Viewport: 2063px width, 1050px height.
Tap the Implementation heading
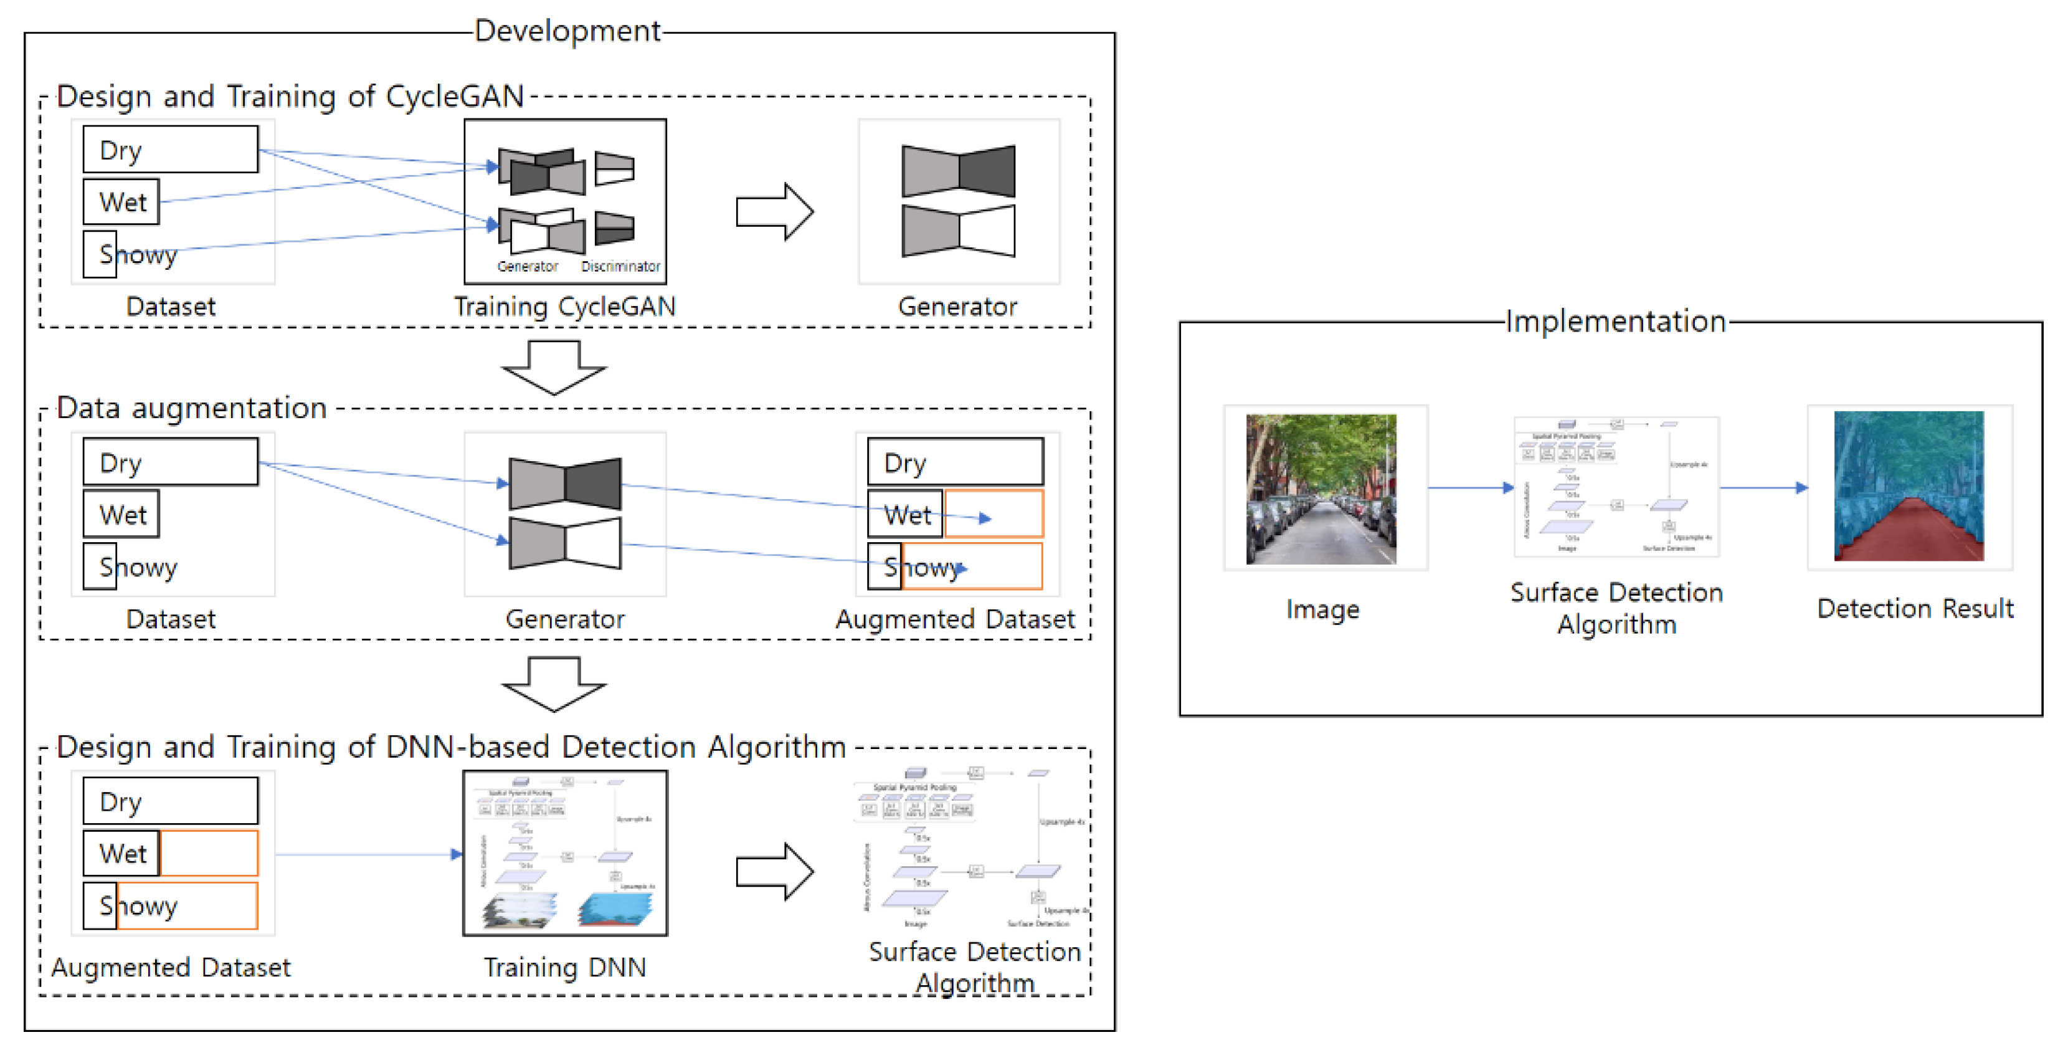(x=1615, y=321)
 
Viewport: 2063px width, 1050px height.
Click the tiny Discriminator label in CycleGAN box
(x=620, y=266)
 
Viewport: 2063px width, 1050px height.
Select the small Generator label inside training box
(x=527, y=266)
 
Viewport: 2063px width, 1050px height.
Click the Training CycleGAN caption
(x=564, y=306)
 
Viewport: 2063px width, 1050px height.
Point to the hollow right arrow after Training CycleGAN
(x=774, y=211)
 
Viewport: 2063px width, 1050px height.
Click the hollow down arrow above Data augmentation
(x=553, y=368)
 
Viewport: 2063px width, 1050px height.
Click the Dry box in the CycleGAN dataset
(x=171, y=150)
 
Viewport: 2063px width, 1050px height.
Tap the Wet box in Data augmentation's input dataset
(x=121, y=514)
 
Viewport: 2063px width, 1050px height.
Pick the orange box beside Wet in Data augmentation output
(x=994, y=513)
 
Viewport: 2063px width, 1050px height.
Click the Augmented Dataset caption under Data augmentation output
(x=955, y=619)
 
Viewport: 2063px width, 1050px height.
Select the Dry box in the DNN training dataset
(x=171, y=801)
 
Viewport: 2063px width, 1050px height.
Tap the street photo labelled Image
(x=1321, y=489)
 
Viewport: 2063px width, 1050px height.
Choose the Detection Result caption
(x=1915, y=609)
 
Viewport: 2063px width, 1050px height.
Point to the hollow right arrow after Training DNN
(x=774, y=871)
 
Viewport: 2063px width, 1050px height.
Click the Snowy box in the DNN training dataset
(x=171, y=906)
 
